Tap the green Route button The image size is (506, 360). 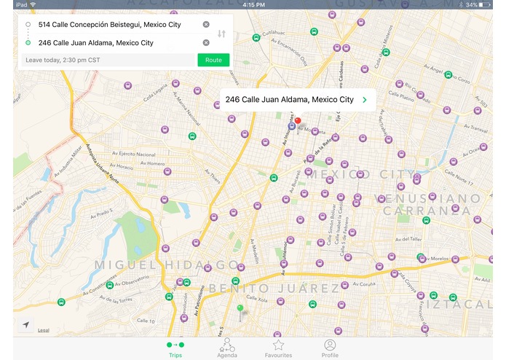click(213, 60)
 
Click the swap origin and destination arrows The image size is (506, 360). click(222, 34)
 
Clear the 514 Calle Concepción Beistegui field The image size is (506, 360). click(206, 25)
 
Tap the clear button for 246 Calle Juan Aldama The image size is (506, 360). click(206, 43)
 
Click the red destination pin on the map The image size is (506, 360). click(297, 120)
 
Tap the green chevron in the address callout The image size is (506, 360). click(364, 100)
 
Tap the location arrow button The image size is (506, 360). click(26, 325)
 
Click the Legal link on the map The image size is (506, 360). click(44, 331)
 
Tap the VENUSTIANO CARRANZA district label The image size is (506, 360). click(428, 204)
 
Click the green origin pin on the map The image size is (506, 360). click(240, 310)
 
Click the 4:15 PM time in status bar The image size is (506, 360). click(253, 4)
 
